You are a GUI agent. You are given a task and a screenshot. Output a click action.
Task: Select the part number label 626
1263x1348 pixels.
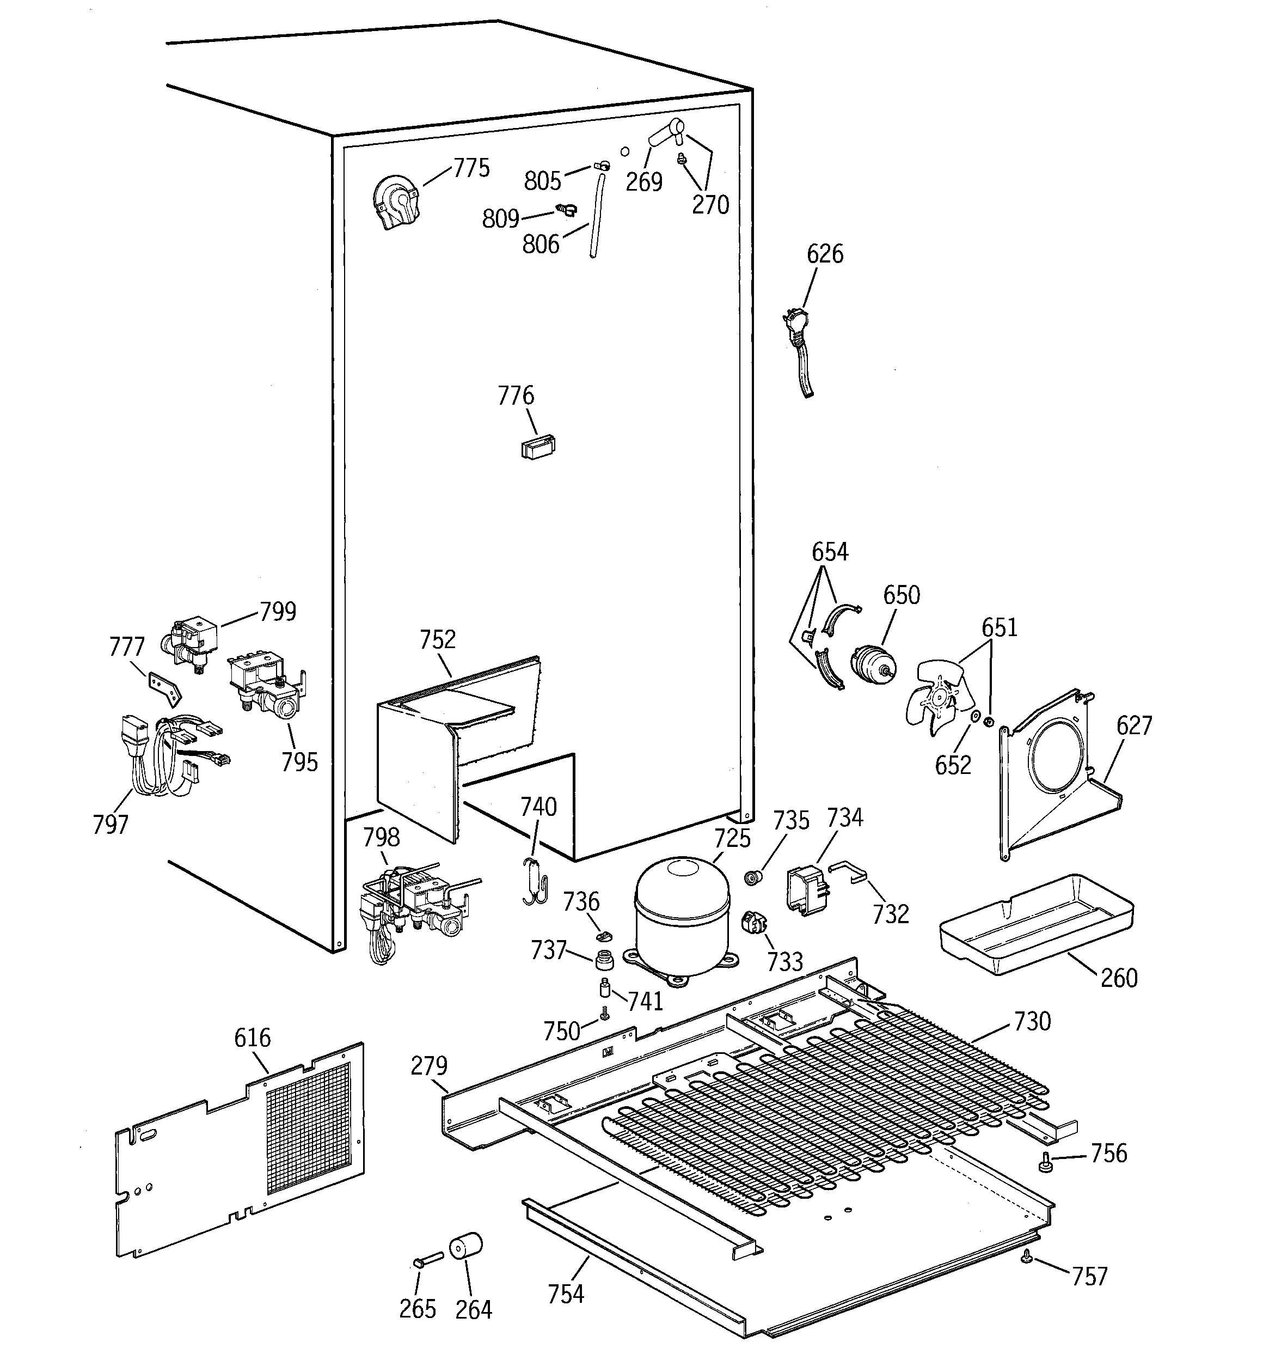point(824,254)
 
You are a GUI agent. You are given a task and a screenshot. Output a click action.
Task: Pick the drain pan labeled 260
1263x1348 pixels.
point(1035,925)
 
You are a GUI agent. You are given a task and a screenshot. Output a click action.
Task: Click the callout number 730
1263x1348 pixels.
point(1032,1021)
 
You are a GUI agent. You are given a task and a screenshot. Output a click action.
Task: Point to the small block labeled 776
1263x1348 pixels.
point(538,448)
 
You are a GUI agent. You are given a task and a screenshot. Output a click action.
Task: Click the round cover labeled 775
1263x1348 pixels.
point(397,202)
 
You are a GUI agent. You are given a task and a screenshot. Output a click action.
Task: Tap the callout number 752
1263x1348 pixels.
point(437,639)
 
